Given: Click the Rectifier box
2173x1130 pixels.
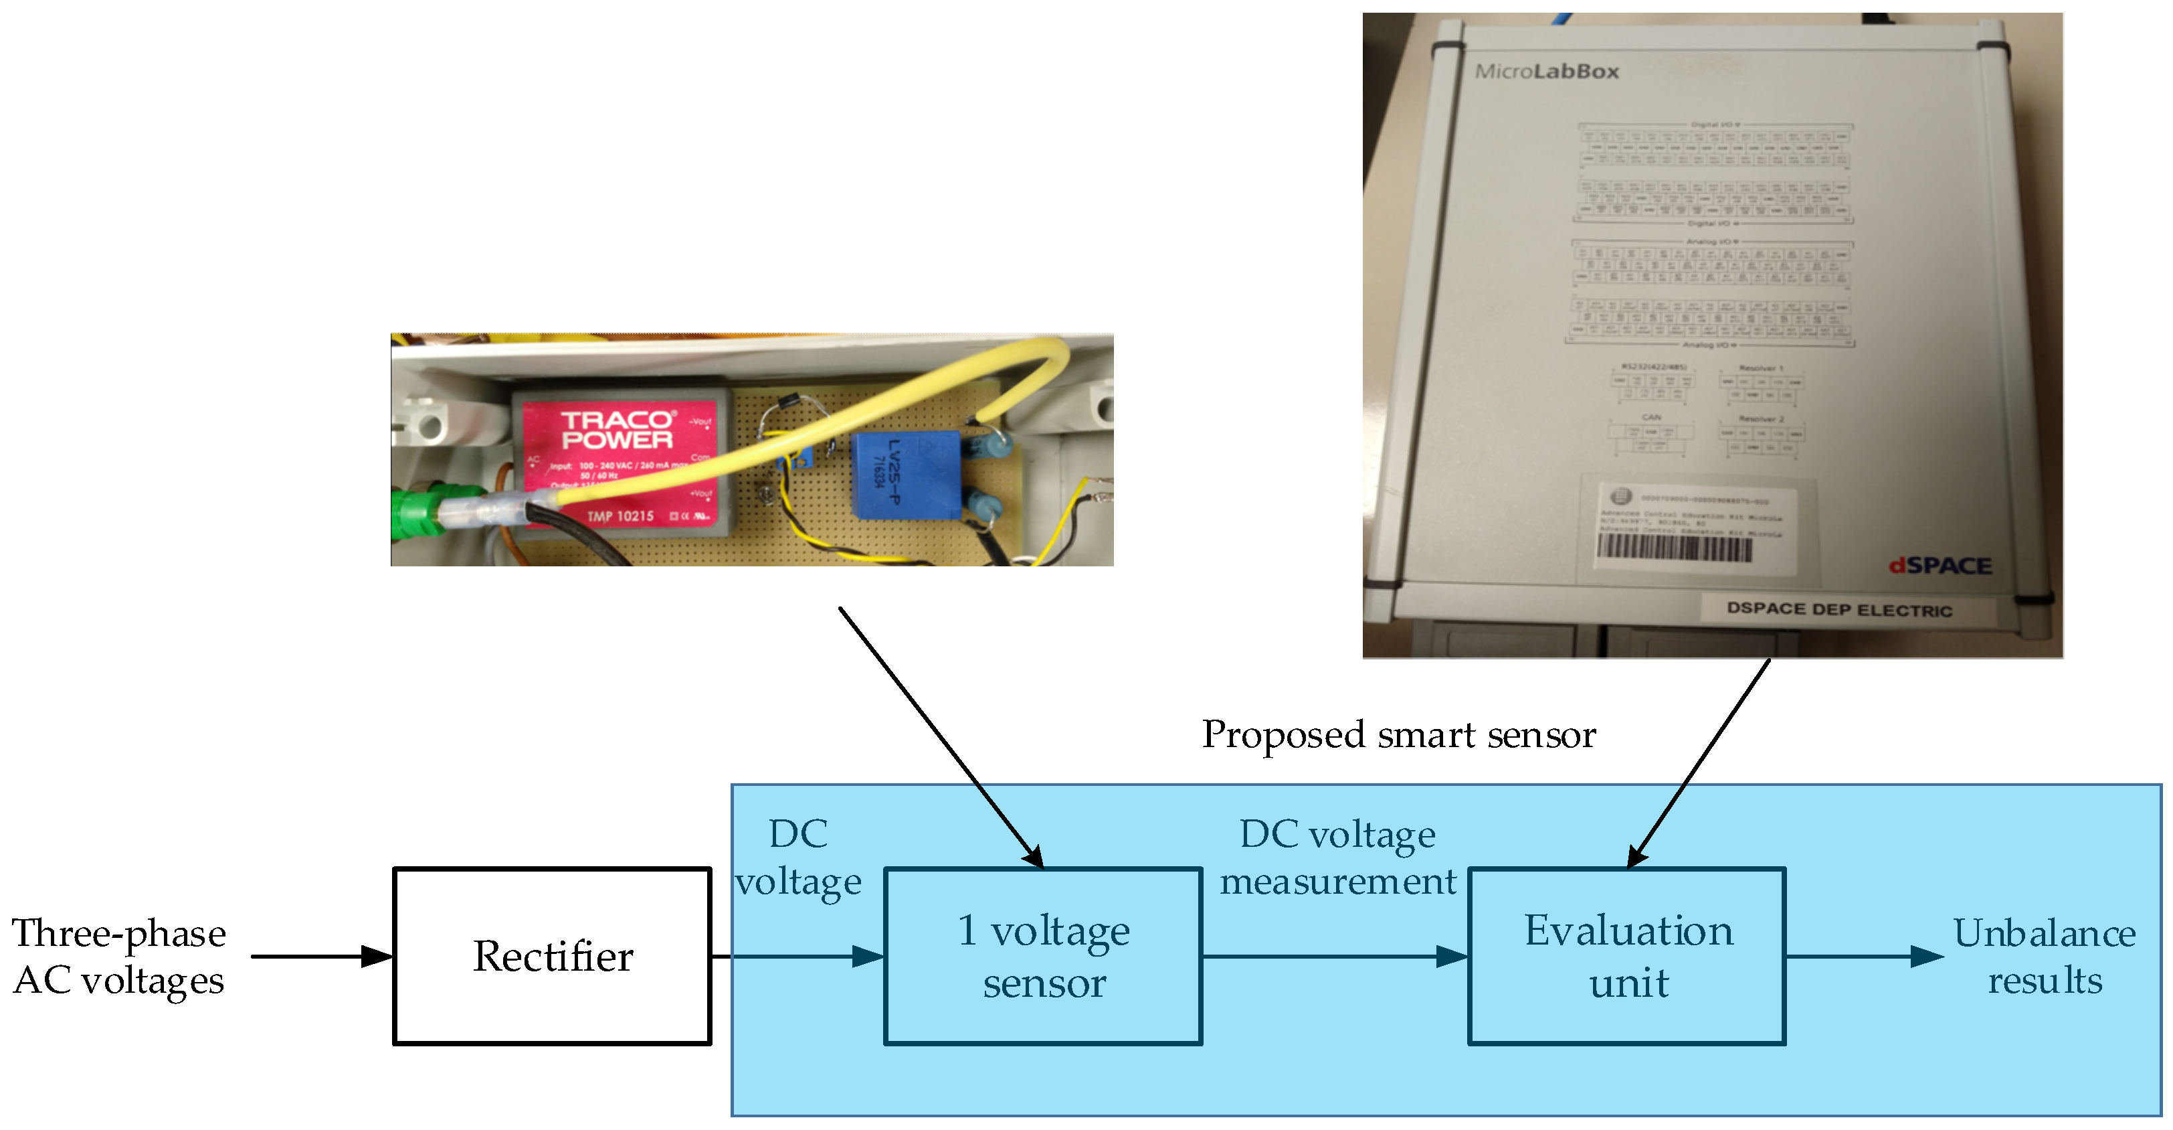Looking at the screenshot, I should [x=552, y=956].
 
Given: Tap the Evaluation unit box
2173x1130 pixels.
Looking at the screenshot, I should [x=1627, y=956].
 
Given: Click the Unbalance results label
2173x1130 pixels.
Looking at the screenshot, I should [x=2044, y=956].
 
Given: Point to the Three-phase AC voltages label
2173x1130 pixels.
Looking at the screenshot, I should [x=118, y=956].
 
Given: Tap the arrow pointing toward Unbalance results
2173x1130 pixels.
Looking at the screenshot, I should [x=1865, y=956].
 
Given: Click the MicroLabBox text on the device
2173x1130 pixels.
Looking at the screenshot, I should [x=1545, y=72].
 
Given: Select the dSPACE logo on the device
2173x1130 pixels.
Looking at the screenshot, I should [x=1940, y=566].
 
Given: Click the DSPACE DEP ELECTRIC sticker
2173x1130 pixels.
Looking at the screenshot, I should [x=1839, y=609].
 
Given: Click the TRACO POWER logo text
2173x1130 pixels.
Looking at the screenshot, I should [x=617, y=430].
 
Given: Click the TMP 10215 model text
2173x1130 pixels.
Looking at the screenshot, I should [x=620, y=515].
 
